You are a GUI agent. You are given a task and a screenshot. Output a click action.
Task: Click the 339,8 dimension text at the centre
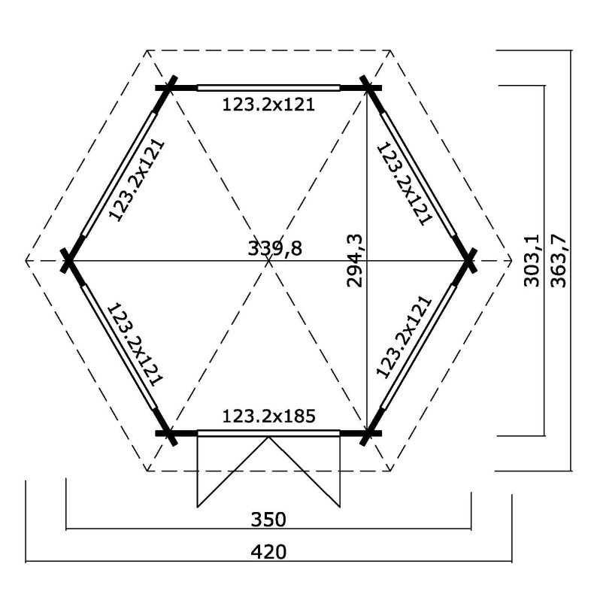click(274, 248)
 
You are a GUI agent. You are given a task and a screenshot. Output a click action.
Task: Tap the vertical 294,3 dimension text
click(356, 260)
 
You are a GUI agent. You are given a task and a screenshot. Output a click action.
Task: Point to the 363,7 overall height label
click(558, 260)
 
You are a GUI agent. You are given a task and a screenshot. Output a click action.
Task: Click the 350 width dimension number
click(268, 519)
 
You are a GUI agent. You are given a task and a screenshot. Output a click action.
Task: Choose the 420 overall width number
click(268, 552)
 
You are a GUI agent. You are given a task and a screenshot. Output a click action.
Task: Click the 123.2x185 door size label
click(268, 415)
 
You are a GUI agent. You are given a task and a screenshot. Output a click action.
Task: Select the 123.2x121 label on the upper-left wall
click(137, 180)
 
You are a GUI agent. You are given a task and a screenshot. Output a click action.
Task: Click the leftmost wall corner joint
click(69, 260)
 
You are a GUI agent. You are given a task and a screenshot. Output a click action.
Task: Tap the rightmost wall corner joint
click(468, 260)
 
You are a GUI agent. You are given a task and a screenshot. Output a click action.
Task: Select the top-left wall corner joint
click(169, 87)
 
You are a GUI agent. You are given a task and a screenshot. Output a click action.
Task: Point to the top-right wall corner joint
click(368, 87)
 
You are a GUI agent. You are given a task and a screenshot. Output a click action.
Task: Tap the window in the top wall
click(268, 87)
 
